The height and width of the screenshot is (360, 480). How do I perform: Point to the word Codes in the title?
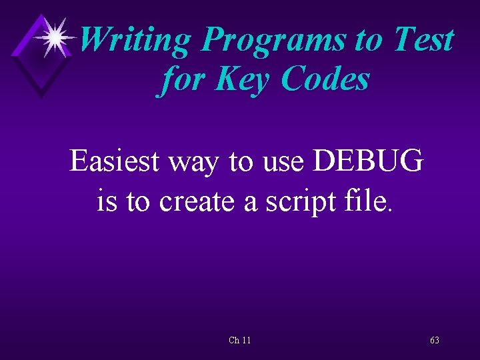point(325,80)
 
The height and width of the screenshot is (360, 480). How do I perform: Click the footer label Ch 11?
point(239,340)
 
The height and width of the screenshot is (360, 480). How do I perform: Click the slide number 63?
point(435,340)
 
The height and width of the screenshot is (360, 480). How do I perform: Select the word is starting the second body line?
point(107,200)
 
